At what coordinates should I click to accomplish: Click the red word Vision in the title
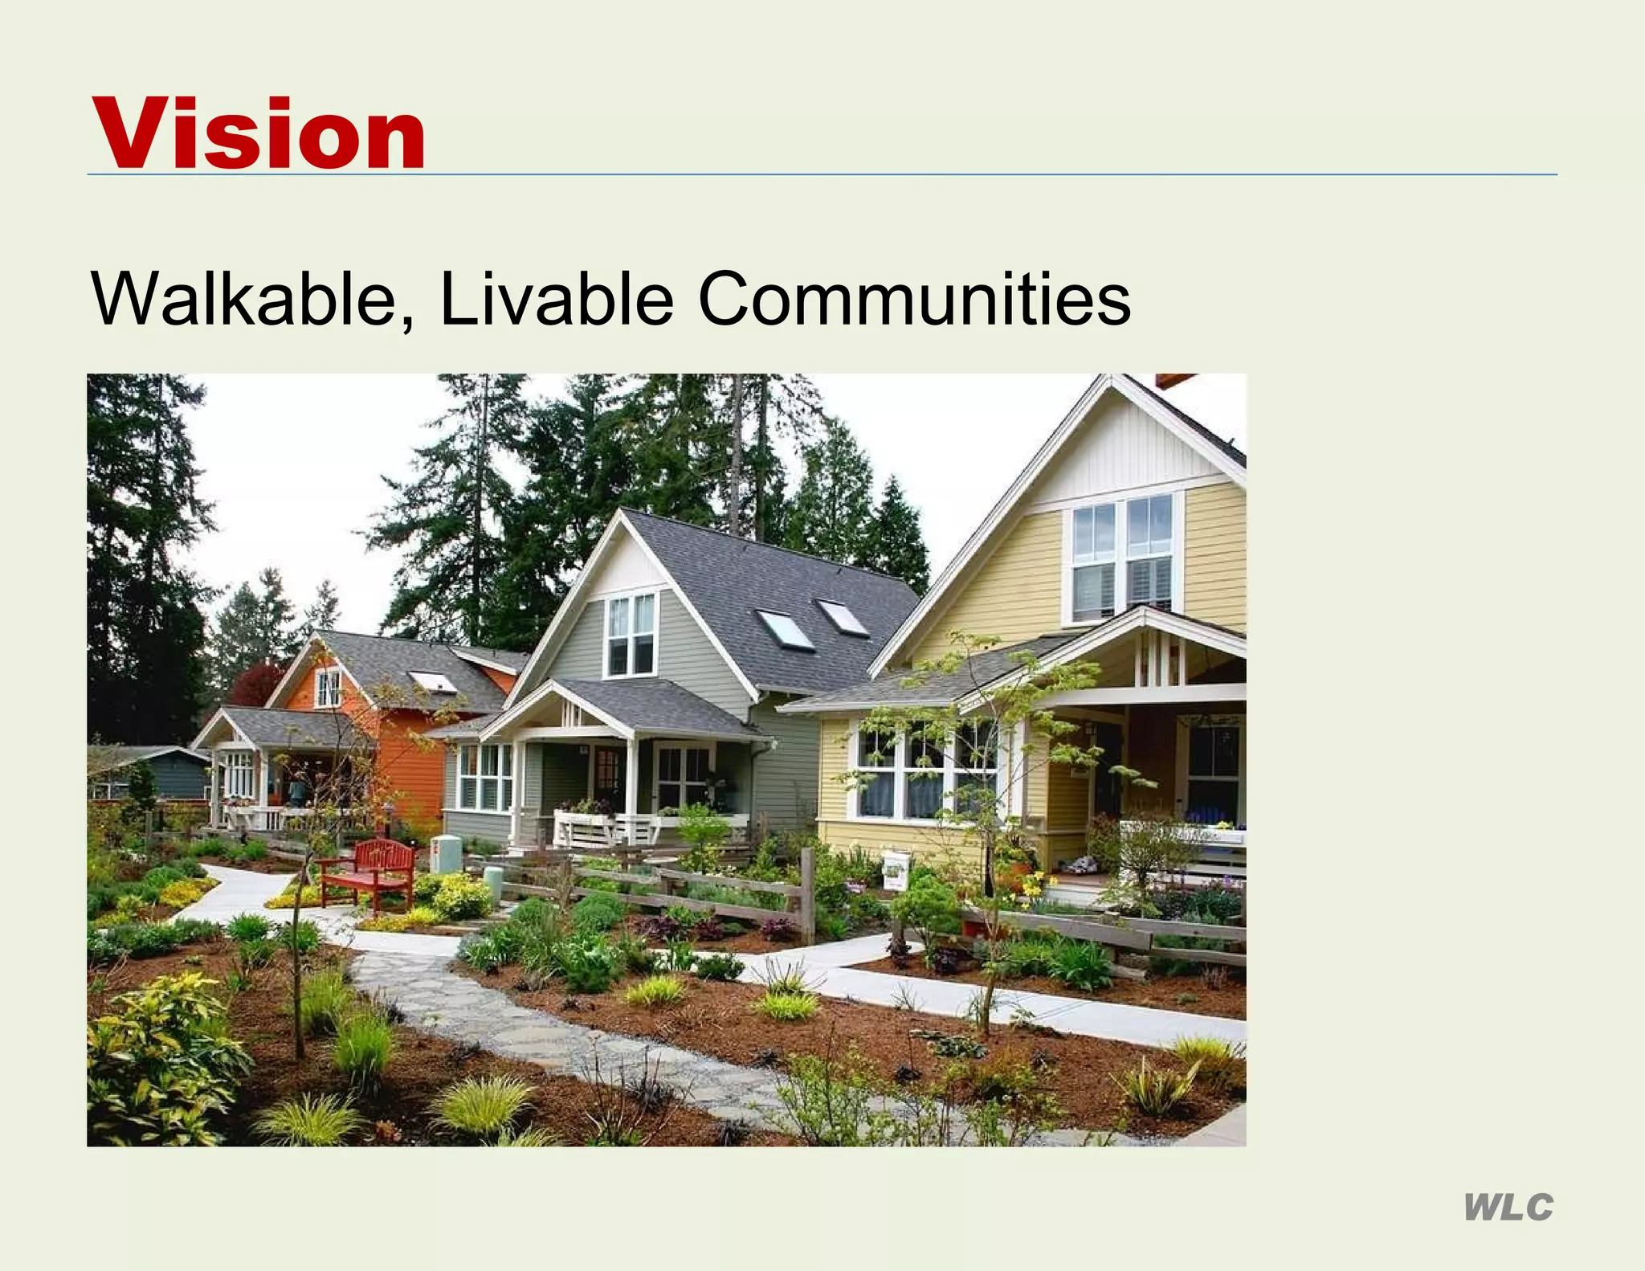[x=259, y=133]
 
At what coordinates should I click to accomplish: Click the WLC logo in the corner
[x=1508, y=1208]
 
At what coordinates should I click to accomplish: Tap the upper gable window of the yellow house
[x=1123, y=558]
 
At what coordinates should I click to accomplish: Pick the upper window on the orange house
[x=328, y=689]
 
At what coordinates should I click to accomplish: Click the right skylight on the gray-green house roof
[x=843, y=617]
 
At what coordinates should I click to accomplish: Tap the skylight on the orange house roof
[x=433, y=682]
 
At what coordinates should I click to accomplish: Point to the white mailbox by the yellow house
[x=896, y=871]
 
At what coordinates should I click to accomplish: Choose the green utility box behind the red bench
[x=447, y=854]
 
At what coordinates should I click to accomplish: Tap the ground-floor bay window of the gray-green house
[x=484, y=777]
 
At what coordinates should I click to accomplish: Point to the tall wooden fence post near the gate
[x=807, y=895]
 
